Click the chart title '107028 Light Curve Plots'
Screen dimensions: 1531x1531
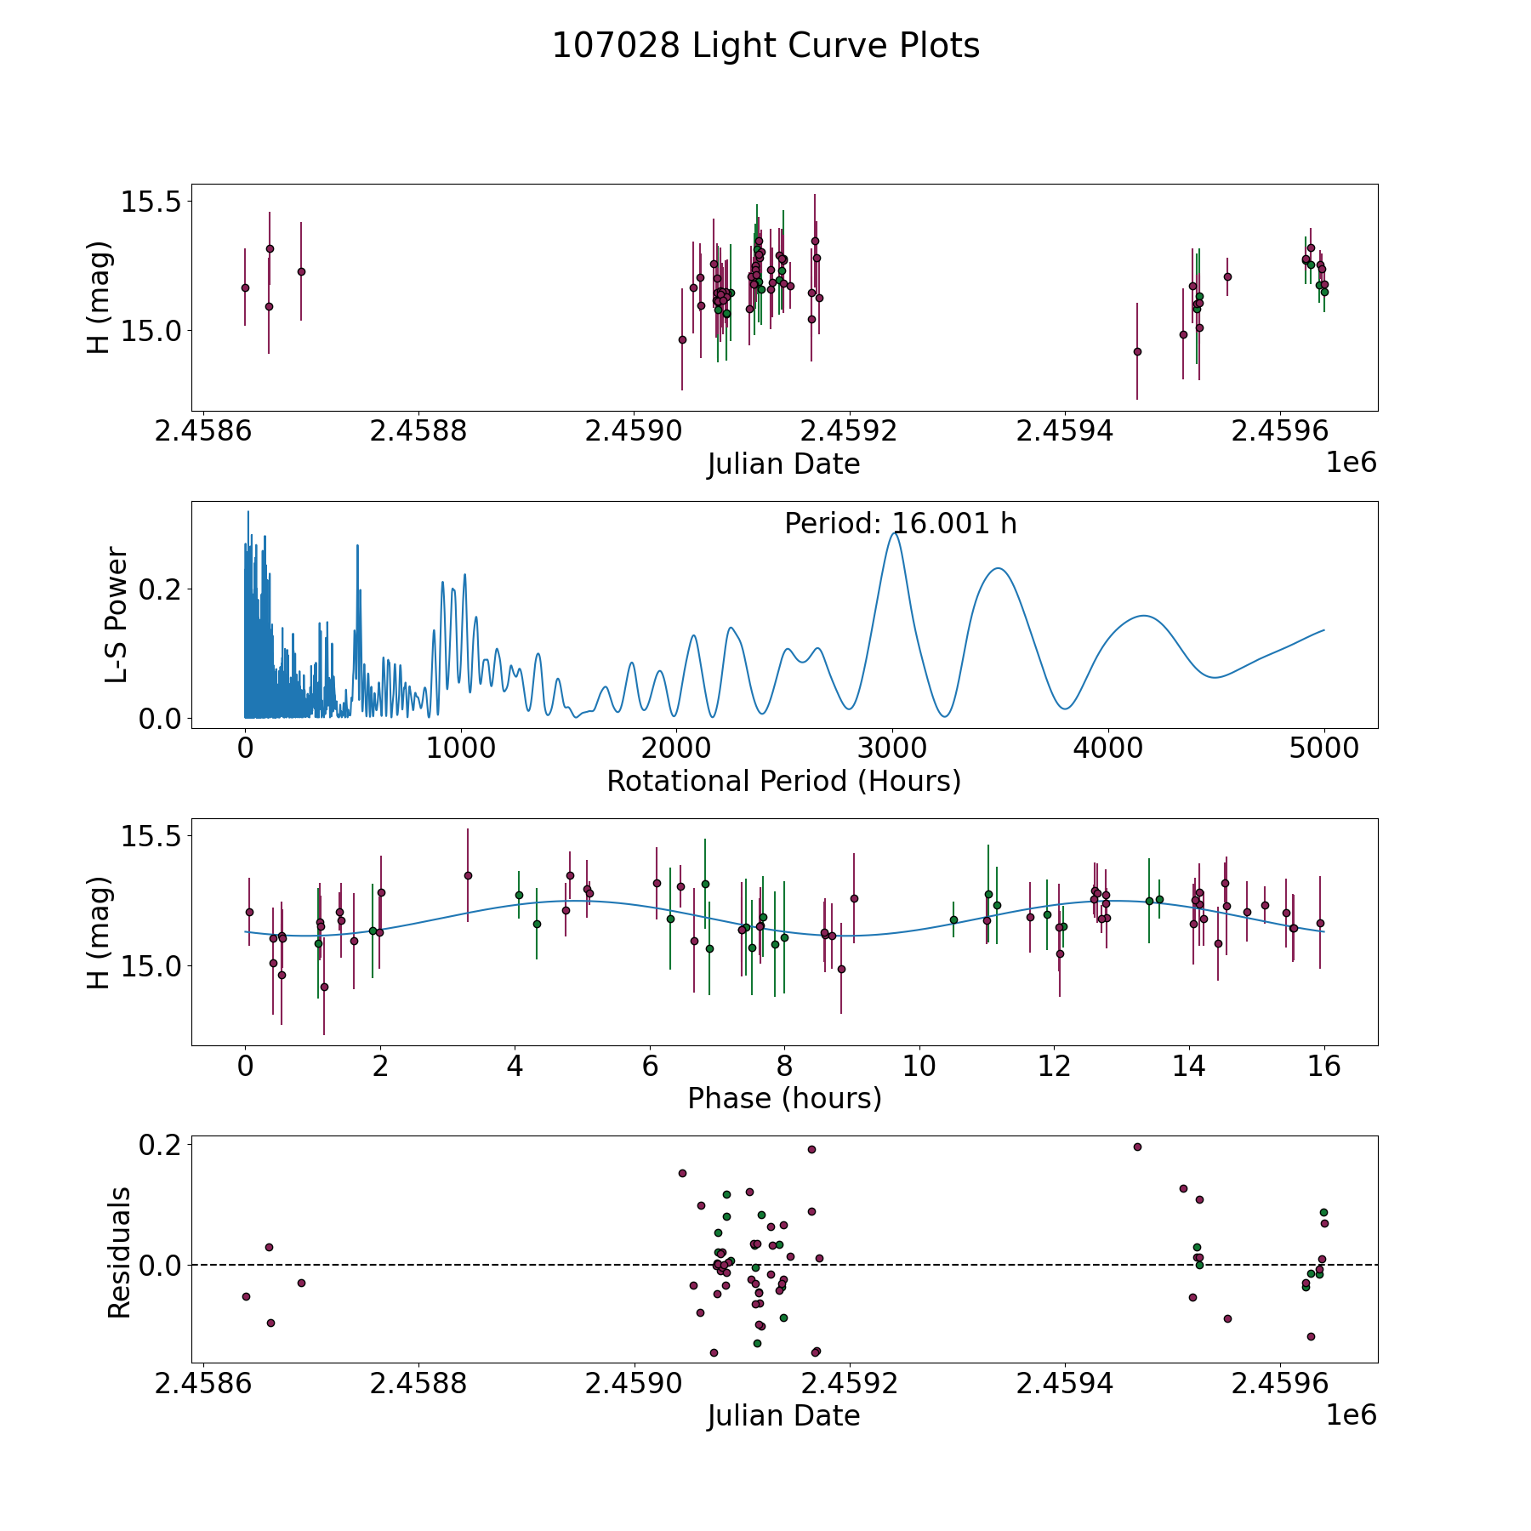765,46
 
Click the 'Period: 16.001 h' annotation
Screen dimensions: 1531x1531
900,524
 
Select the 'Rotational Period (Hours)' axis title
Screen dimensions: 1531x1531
783,781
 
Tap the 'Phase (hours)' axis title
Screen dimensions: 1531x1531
784,1098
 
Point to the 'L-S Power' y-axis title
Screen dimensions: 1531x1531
117,615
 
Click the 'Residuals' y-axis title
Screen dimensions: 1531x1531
119,1252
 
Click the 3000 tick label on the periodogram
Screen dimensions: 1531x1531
892,748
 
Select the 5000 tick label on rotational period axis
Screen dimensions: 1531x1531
1323,748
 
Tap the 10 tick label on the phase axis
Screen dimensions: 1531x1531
919,1066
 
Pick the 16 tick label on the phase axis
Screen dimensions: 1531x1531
1323,1066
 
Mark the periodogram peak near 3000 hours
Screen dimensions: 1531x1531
893,533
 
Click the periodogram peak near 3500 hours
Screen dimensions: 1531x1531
998,568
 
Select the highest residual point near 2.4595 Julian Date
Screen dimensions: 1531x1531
1137,1147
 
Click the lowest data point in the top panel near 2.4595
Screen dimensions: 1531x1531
1137,351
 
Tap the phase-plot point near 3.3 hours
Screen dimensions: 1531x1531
468,875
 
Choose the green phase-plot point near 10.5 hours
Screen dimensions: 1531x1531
953,919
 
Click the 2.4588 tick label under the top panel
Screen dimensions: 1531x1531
418,431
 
